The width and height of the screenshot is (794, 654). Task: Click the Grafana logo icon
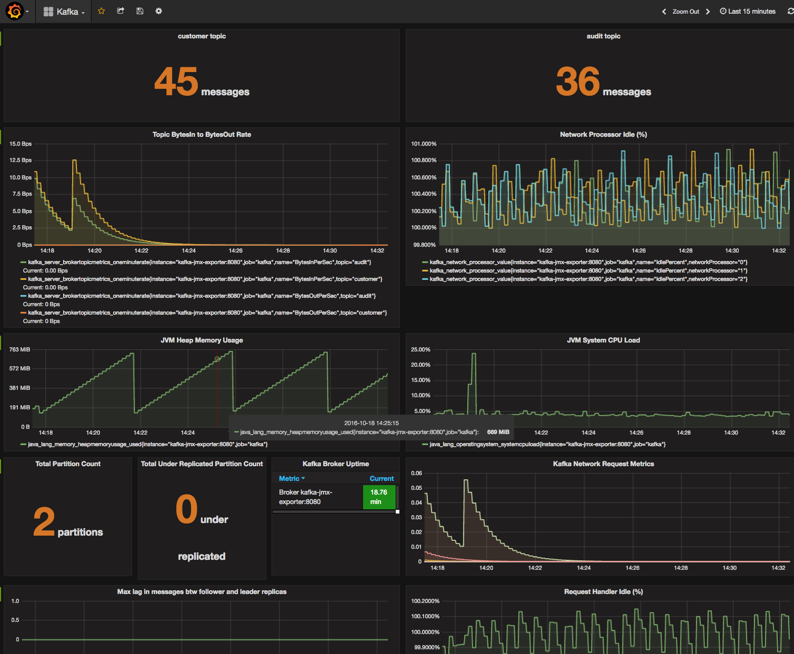click(15, 11)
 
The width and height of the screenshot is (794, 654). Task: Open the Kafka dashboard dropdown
click(64, 12)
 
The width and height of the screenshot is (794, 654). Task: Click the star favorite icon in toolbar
click(102, 11)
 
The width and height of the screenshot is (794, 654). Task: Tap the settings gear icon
click(158, 11)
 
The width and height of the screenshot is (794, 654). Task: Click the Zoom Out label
click(686, 12)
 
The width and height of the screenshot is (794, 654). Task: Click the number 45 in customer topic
click(176, 82)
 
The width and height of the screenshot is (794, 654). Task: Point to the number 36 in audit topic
click(578, 82)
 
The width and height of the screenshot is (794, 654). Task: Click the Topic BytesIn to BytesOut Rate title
click(202, 135)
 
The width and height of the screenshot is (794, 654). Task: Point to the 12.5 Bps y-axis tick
click(21, 160)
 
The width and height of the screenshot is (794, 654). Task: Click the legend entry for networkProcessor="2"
click(588, 279)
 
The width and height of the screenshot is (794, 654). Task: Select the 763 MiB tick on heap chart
click(20, 349)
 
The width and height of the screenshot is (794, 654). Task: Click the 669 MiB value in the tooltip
click(498, 432)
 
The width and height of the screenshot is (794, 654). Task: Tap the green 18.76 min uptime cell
click(379, 497)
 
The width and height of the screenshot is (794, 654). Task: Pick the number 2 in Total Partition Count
click(44, 522)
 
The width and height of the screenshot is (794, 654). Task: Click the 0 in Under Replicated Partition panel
click(186, 509)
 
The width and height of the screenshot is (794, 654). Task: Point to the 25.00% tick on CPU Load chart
click(420, 349)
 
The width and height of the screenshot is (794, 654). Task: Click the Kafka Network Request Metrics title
click(603, 464)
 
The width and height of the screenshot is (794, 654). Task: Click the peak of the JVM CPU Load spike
click(474, 354)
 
